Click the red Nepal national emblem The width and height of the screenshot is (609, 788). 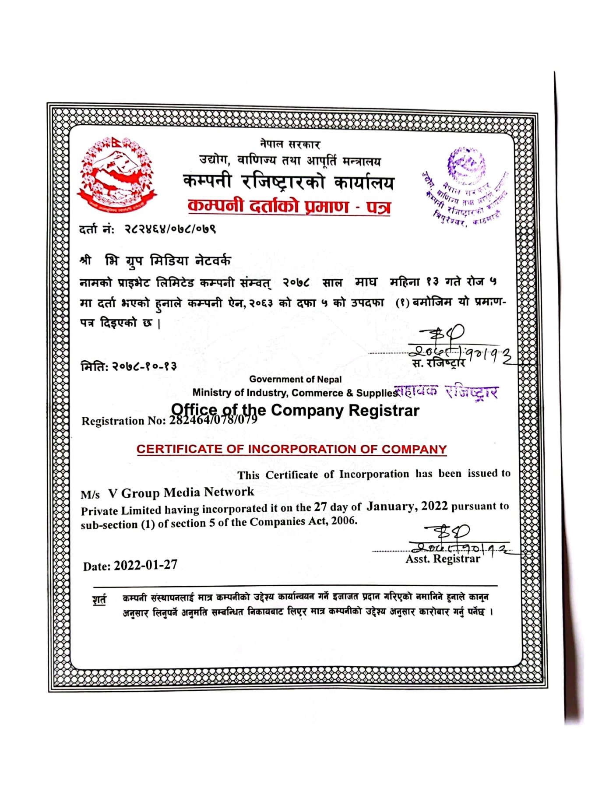(x=117, y=175)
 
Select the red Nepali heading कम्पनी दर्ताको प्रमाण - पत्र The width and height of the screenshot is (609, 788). (x=289, y=206)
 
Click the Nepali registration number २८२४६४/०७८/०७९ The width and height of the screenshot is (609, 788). (x=170, y=229)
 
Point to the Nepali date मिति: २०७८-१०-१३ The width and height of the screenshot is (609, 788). (x=129, y=366)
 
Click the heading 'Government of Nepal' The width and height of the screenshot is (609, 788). (x=295, y=379)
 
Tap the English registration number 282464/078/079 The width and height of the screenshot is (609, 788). (x=213, y=419)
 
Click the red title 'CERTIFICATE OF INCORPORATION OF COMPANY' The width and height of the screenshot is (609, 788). (x=291, y=449)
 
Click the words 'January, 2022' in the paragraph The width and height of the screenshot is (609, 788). (x=407, y=507)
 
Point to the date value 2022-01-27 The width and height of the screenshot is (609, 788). (x=145, y=565)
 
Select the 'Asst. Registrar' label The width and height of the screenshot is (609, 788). (x=443, y=559)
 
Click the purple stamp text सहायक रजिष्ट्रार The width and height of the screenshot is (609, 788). (x=447, y=391)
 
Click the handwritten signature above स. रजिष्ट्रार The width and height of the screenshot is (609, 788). (x=455, y=344)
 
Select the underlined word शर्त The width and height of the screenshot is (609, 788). (x=99, y=599)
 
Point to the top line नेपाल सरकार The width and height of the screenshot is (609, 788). (x=290, y=144)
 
